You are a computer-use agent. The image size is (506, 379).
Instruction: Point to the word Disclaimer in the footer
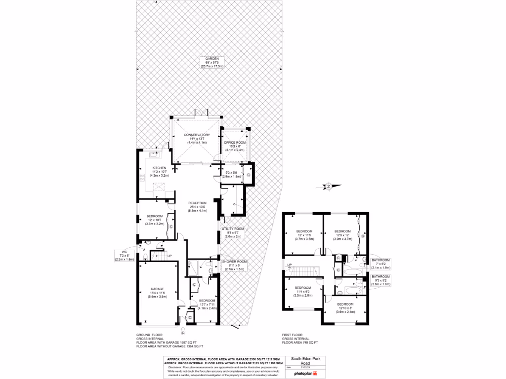[176, 368]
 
